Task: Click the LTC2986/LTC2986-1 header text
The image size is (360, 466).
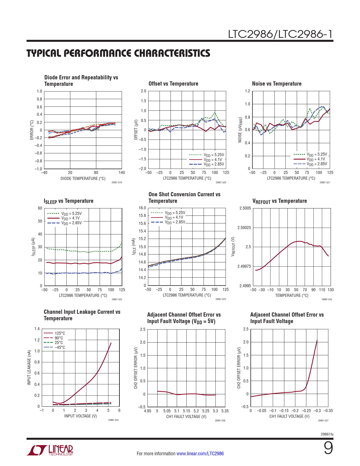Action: (x=280, y=34)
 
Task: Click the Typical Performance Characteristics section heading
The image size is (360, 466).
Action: (x=118, y=53)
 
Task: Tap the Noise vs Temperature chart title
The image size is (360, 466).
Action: (x=277, y=84)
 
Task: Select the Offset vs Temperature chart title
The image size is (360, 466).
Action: (x=173, y=84)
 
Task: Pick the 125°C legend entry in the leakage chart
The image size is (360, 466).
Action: (x=60, y=333)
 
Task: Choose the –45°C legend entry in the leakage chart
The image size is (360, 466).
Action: (x=60, y=347)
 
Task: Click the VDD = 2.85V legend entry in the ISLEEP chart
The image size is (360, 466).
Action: (x=71, y=223)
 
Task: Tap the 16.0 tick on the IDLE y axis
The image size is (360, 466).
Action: (x=142, y=208)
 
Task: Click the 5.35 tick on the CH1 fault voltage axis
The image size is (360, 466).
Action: (x=225, y=411)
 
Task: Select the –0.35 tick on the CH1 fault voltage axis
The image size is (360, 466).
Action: (x=328, y=411)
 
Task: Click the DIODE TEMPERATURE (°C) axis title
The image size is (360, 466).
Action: (x=83, y=178)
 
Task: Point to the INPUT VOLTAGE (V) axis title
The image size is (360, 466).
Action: (x=80, y=416)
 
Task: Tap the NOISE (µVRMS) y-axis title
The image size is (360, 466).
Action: (x=240, y=130)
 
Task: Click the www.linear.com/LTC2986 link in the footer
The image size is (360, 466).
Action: (x=200, y=454)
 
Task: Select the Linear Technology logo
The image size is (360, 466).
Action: (x=50, y=450)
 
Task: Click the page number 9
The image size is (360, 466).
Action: (x=328, y=448)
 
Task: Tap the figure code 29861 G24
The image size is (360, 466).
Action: (x=327, y=299)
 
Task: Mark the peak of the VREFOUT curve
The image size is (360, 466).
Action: (x=300, y=241)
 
